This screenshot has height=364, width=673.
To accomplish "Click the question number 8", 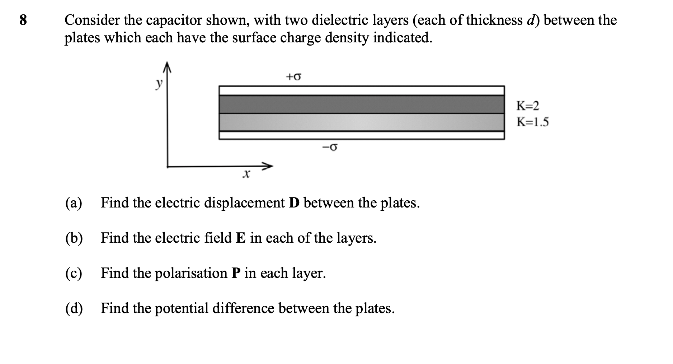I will [23, 20].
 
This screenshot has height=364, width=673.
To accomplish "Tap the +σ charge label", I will [293, 76].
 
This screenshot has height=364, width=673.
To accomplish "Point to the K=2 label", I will [527, 106].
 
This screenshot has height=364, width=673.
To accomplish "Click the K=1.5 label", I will [532, 122].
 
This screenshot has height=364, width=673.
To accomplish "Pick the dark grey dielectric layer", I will [361, 104].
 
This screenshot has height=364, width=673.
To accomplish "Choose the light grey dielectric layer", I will [361, 122].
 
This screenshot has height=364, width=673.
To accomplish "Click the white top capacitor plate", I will [361, 90].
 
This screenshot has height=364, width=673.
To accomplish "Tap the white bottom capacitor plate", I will [361, 135].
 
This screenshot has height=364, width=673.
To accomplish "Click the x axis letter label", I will [246, 175].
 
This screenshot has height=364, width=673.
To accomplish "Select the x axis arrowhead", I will [267, 166].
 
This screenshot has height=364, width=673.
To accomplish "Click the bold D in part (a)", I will [294, 203].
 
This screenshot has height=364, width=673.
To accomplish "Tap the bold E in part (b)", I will [240, 238].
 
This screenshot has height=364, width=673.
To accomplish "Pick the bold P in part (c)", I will [235, 273].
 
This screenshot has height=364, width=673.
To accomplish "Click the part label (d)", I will [74, 308].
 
